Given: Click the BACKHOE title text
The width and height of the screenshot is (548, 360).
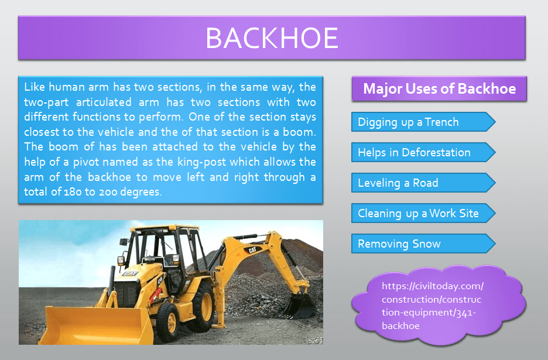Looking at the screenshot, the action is [272, 37].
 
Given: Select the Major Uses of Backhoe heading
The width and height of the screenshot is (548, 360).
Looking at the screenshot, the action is [439, 89].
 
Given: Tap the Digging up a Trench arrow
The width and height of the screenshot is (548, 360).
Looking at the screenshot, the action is [423, 122].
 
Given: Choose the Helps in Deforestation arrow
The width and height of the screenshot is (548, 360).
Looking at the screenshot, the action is [423, 152].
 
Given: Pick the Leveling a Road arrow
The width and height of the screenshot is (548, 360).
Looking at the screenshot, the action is [423, 183].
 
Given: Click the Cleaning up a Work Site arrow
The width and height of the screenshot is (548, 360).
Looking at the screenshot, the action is [423, 213].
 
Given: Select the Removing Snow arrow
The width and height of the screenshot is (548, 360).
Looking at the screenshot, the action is [423, 244].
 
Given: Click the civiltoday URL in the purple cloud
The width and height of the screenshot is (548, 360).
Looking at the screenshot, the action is [433, 306].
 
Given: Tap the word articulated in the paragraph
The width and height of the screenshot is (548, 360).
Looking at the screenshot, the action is [104, 102].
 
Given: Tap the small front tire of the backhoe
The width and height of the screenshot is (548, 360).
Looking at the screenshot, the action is [167, 322].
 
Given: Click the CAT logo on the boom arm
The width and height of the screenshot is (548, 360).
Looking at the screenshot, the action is [253, 249].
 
